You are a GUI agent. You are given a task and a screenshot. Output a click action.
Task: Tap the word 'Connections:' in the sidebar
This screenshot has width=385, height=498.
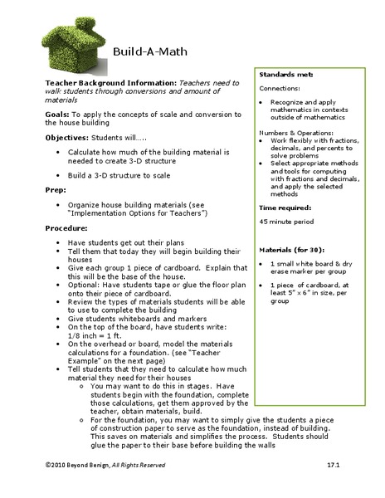(x=279, y=86)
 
